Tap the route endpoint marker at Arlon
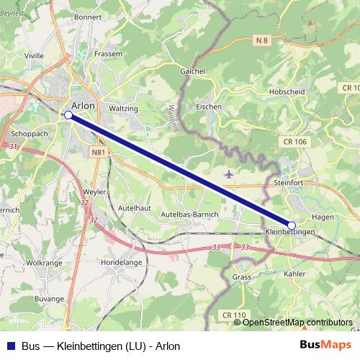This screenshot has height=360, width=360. [x=68, y=114]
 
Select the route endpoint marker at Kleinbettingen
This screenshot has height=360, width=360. [x=292, y=225]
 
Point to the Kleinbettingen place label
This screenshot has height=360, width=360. [x=291, y=232]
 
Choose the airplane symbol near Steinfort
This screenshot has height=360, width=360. [x=229, y=174]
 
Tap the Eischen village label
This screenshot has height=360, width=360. [x=209, y=106]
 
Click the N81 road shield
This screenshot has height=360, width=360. [x=98, y=153]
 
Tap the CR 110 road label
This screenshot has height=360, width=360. [x=234, y=315]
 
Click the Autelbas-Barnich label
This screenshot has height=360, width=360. [x=189, y=215]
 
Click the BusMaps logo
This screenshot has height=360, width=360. [x=325, y=346]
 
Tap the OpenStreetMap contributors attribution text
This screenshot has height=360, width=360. [x=297, y=322]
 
